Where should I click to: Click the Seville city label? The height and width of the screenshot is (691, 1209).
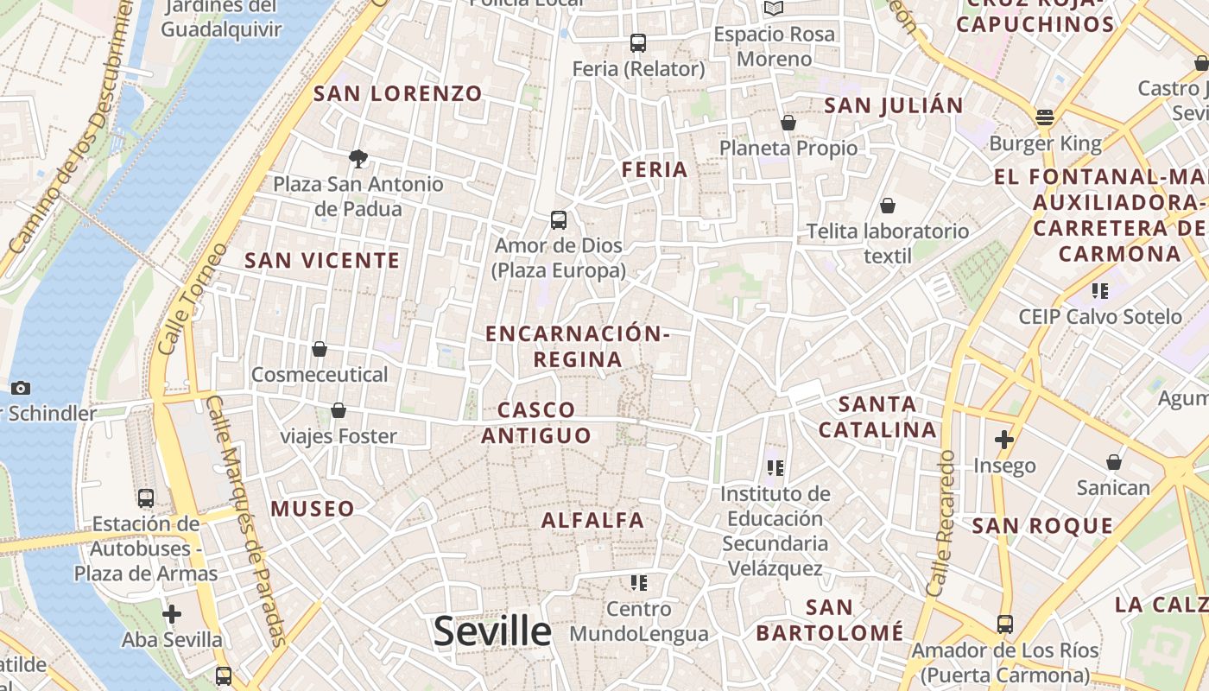tap(492, 631)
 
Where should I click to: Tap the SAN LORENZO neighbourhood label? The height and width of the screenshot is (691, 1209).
tap(398, 93)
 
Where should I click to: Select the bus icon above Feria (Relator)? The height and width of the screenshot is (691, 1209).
tap(638, 43)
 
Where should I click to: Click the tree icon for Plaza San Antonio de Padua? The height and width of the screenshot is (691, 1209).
tap(358, 158)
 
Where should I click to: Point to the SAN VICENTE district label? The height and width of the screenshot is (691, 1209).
tap(322, 260)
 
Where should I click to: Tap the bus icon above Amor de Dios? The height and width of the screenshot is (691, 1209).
tap(559, 220)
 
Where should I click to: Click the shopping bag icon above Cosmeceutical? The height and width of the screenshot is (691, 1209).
tap(320, 349)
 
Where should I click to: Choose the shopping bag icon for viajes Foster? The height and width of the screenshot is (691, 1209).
tap(339, 410)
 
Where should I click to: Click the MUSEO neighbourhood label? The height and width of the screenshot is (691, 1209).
tap(313, 509)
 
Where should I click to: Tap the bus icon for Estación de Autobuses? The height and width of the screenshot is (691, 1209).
tap(146, 498)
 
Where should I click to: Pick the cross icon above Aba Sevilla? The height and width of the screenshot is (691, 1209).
tap(172, 614)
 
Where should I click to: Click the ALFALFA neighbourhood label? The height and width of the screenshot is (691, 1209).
tap(592, 520)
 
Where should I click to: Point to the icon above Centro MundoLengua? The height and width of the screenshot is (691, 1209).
tap(639, 583)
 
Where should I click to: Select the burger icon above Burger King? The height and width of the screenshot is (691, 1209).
tap(1045, 117)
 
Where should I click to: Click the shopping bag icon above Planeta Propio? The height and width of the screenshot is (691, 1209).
tap(788, 124)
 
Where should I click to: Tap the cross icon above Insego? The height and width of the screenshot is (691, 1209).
tap(1003, 440)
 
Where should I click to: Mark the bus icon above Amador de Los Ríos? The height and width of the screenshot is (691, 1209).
tap(1004, 624)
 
